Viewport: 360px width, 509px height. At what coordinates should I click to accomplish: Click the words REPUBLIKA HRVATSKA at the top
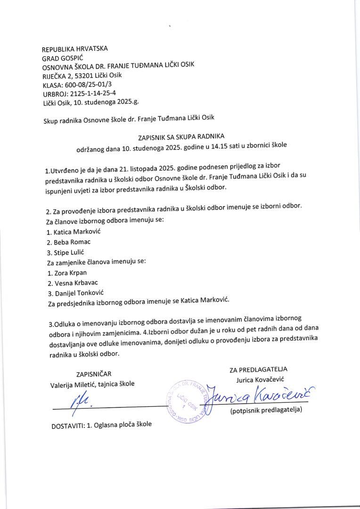[75, 49]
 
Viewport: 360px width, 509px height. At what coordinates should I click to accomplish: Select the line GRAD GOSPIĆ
[62, 58]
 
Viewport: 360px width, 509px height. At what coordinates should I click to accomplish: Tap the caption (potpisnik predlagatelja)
[266, 411]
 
